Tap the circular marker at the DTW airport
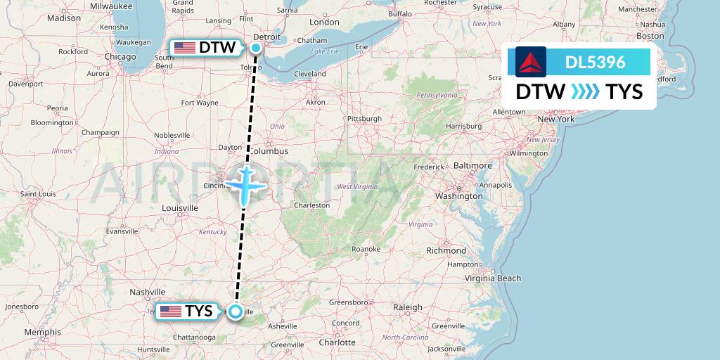256,48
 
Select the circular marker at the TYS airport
235,311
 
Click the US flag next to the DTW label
185,48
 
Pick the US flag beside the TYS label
171,311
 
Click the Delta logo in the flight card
530,62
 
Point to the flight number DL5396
595,62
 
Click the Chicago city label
120,57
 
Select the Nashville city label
147,292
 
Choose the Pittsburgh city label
364,119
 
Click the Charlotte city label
337,342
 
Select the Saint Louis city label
38,194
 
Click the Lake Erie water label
325,51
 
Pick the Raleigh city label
408,307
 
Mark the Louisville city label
180,208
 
